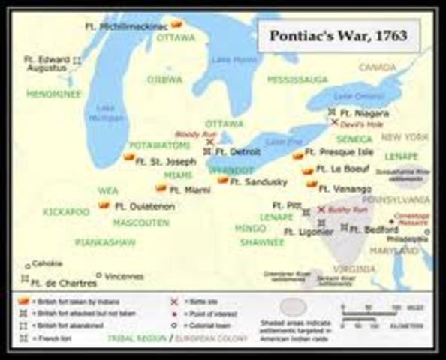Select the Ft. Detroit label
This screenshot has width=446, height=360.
237,151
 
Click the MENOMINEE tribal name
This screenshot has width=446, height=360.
53,94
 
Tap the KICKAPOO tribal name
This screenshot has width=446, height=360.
66,212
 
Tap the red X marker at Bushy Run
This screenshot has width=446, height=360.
321,211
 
